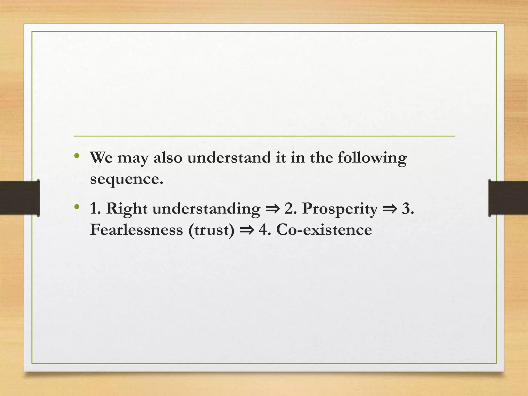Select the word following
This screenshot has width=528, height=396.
372,158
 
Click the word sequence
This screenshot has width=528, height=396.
126,179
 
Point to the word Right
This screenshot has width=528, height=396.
127,209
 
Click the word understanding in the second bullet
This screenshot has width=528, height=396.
207,209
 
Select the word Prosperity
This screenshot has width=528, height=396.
340,209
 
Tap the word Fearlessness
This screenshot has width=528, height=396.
136,229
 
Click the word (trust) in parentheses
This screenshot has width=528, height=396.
211,229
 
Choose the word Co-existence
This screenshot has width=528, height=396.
324,229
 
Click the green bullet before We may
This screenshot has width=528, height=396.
77,156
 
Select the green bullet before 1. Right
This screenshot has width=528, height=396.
77,207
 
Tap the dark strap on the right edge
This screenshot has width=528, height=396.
508,198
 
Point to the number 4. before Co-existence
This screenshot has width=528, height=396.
265,229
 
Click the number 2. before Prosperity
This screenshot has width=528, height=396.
291,209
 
